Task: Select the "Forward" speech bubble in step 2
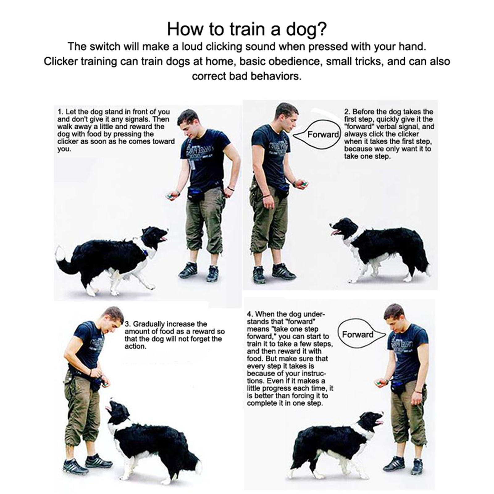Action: pos(317,134)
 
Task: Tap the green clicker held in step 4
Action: pos(379,382)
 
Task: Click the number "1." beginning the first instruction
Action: pos(60,112)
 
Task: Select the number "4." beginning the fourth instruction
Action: pos(250,314)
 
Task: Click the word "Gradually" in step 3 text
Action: pos(149,324)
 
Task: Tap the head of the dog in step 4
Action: pos(370,421)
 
